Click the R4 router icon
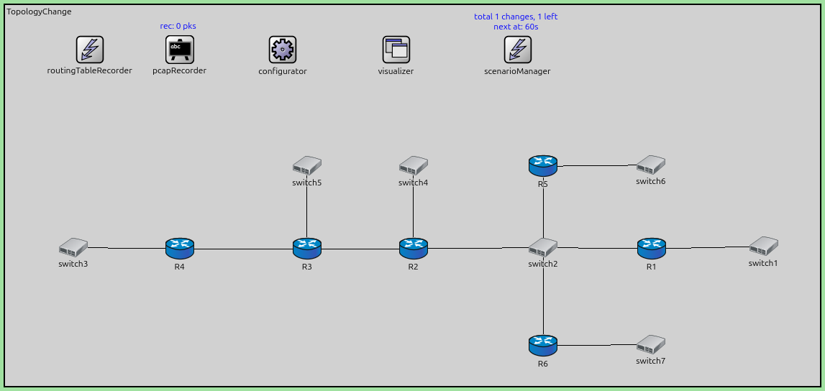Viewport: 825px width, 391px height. click(x=180, y=249)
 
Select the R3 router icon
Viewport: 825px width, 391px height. click(x=307, y=249)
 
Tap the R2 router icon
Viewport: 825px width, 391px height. click(x=414, y=249)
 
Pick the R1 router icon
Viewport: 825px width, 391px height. click(x=652, y=249)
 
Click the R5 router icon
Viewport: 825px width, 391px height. click(x=543, y=166)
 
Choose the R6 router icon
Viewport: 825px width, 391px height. click(x=543, y=346)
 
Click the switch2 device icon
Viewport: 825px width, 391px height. click(x=543, y=248)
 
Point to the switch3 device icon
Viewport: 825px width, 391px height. click(x=73, y=248)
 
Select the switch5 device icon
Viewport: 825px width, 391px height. click(x=307, y=166)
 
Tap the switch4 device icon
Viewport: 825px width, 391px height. click(x=414, y=166)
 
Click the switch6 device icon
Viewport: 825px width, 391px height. click(x=650, y=165)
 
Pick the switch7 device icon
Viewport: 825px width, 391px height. click(x=650, y=344)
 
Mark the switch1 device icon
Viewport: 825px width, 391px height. click(x=763, y=247)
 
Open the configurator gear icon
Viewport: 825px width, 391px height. click(x=283, y=50)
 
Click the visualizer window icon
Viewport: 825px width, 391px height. click(x=396, y=50)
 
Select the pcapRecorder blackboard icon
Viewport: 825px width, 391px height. click(x=180, y=50)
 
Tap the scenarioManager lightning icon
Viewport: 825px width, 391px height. click(x=518, y=50)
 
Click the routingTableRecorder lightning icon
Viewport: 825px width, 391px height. click(x=90, y=50)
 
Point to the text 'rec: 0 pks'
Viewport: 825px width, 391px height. click(x=179, y=26)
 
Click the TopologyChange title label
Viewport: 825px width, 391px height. click(x=39, y=12)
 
